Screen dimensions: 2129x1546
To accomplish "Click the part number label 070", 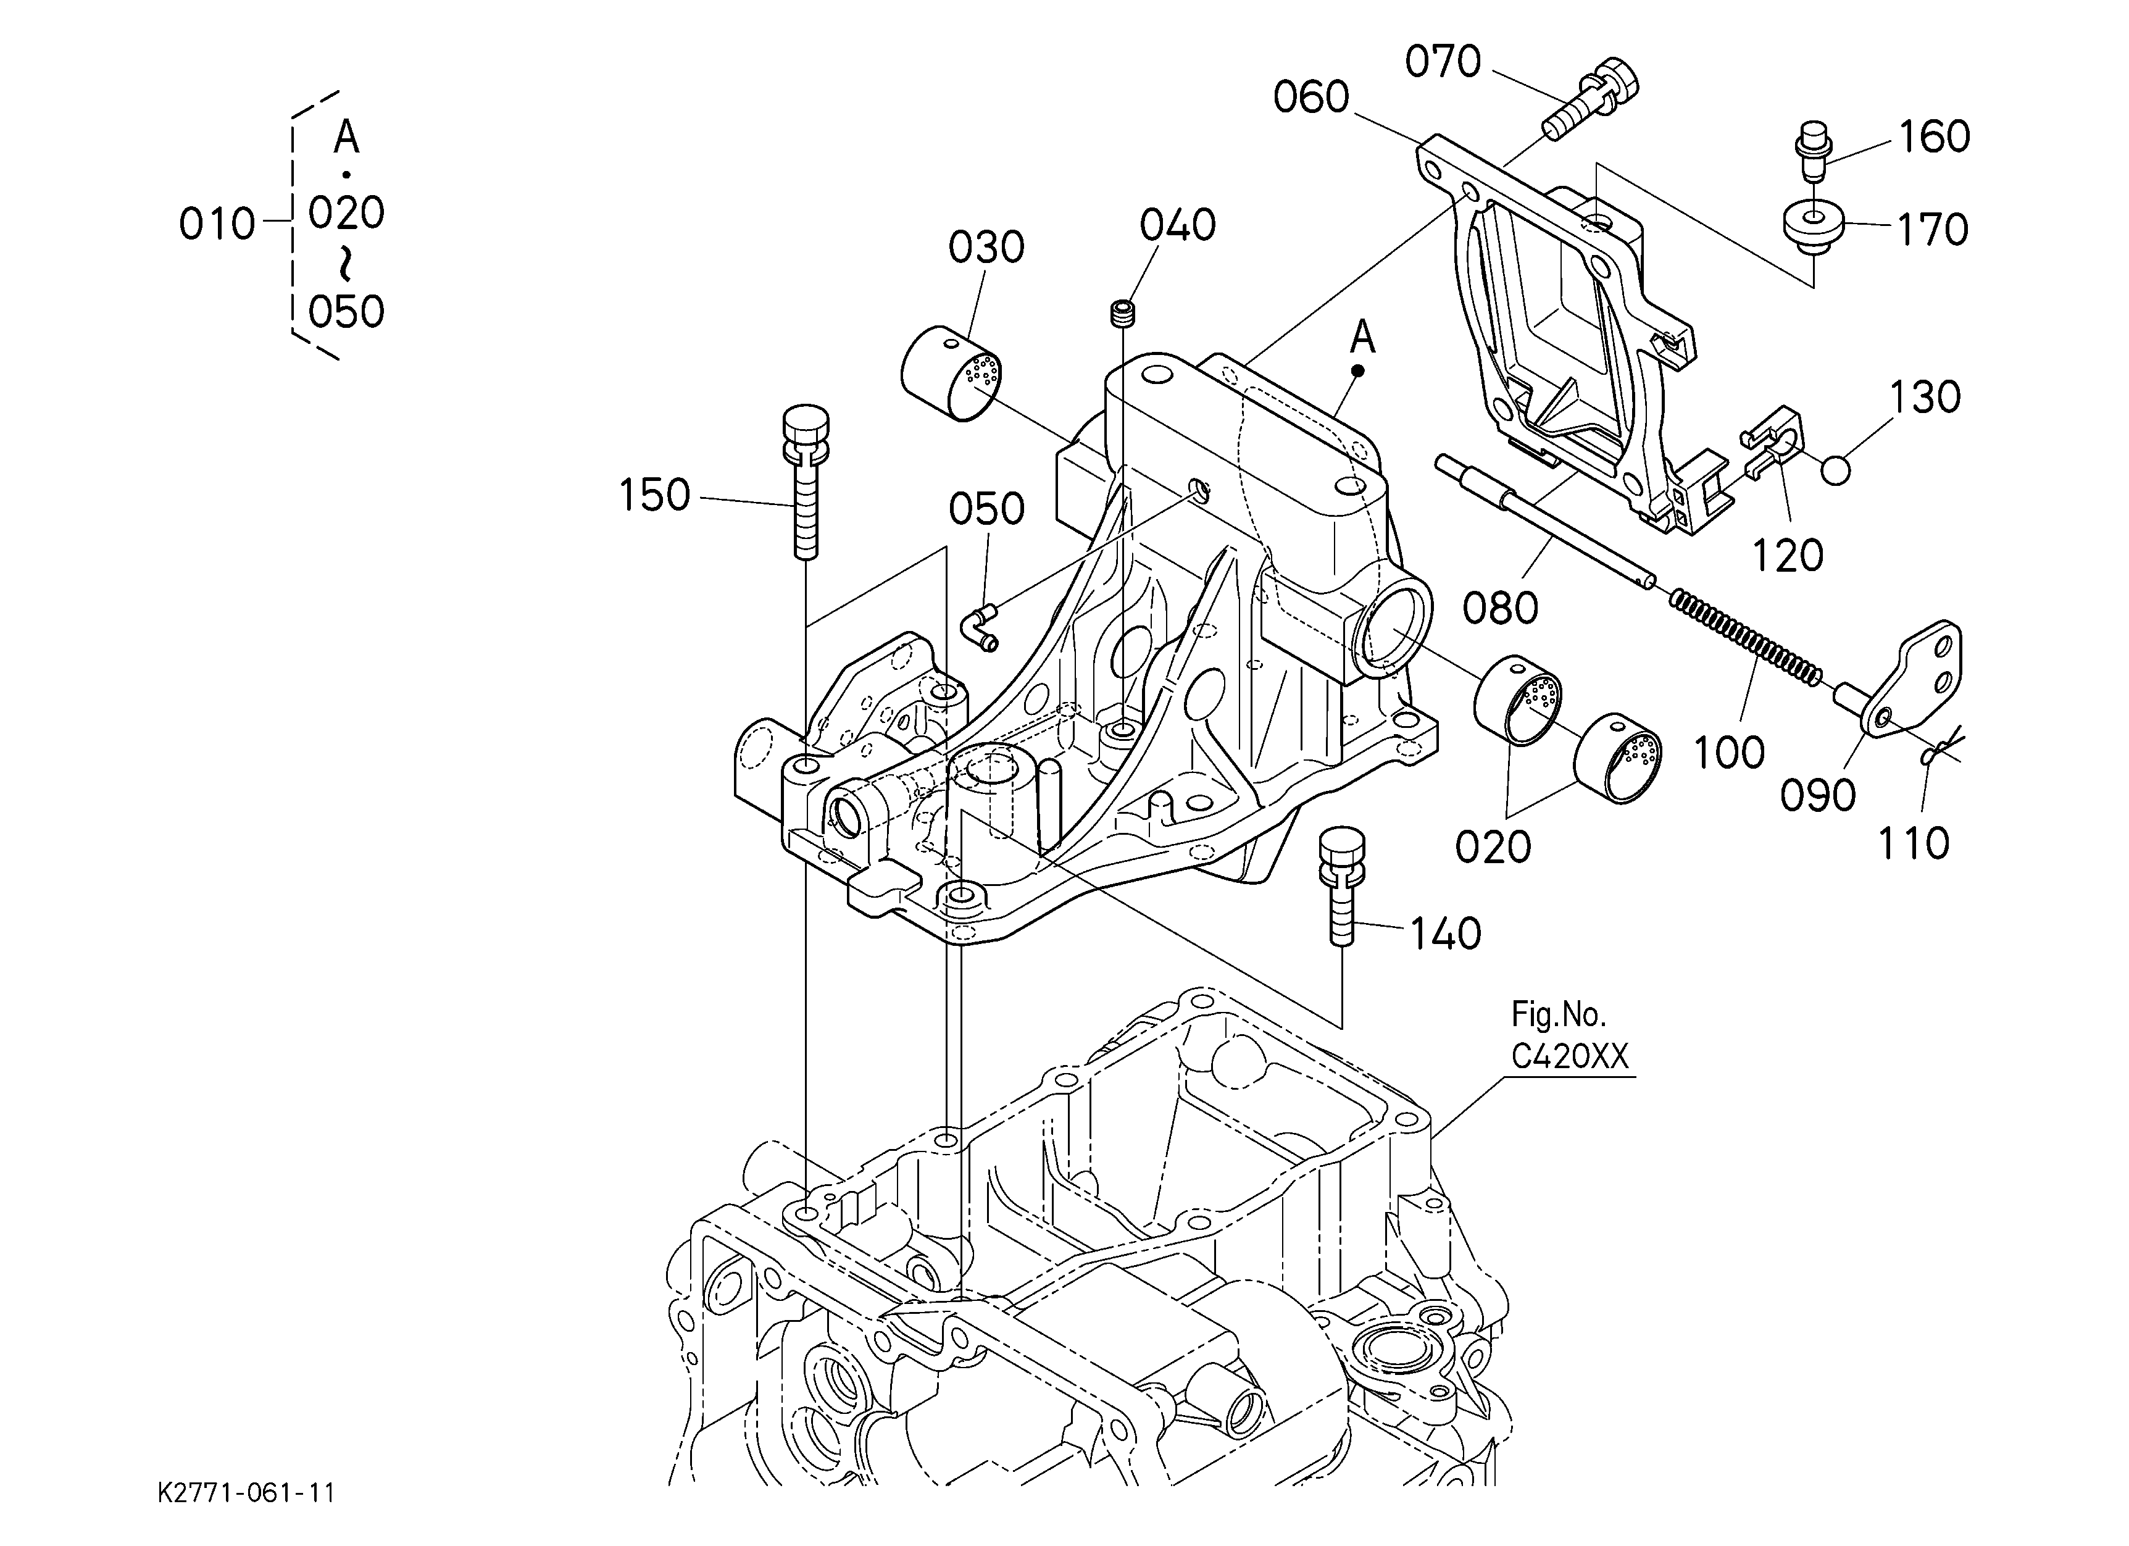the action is click(x=1443, y=62).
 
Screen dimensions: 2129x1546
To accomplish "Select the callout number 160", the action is click(x=1934, y=137).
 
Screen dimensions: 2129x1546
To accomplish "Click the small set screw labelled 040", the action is click(x=1122, y=314).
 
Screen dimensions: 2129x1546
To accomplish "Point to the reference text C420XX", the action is click(x=1570, y=1057).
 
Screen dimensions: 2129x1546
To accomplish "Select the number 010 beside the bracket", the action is click(x=217, y=225).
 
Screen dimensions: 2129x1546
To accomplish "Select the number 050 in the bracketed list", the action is click(x=346, y=312).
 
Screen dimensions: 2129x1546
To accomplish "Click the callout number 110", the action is click(x=1913, y=843).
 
